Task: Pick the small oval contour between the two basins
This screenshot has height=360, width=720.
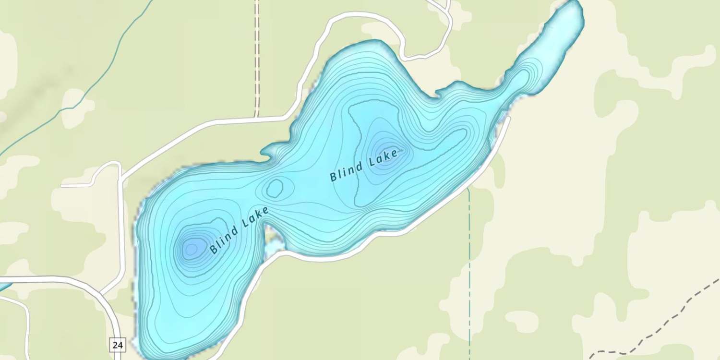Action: tap(275, 188)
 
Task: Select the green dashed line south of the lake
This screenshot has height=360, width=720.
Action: tap(469, 269)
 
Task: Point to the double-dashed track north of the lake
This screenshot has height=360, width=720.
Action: tap(257, 58)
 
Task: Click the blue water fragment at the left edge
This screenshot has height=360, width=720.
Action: tap(4, 287)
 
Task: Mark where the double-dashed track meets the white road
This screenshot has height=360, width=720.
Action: tap(257, 117)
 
